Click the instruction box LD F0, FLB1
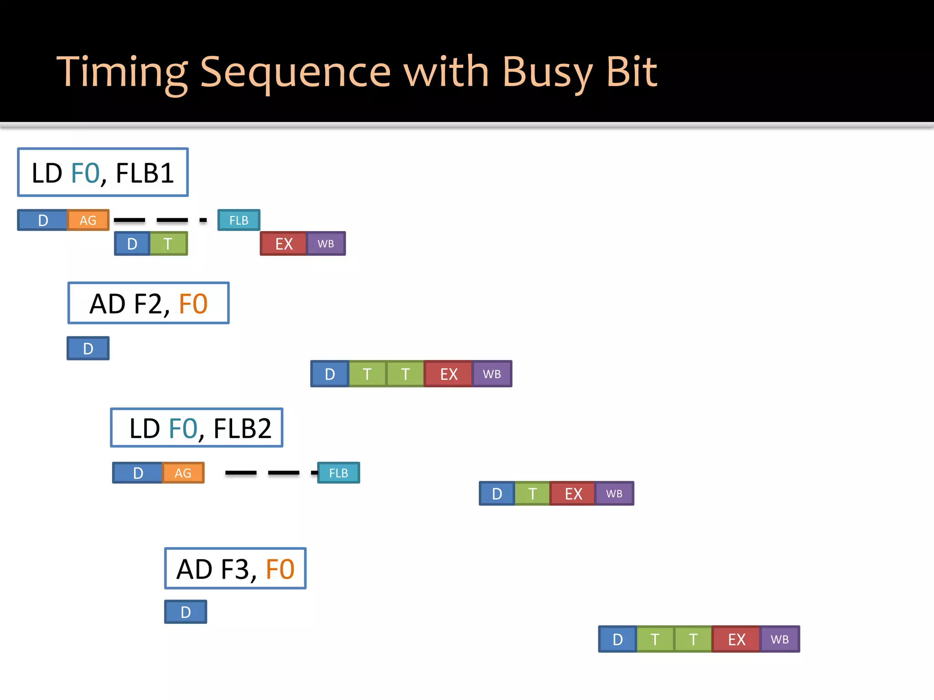[103, 172]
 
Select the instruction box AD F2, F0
[148, 303]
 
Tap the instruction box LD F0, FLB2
[197, 427]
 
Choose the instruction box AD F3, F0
[235, 568]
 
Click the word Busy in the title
[547, 72]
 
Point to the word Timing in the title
[122, 72]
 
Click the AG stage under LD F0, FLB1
[88, 220]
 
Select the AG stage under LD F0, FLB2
[183, 473]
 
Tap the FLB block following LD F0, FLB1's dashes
[239, 220]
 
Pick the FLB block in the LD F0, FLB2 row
[338, 473]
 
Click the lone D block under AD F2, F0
[88, 348]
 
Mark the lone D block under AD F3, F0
[185, 612]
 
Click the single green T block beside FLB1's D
[168, 243]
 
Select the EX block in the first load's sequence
[283, 243]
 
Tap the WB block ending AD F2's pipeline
[492, 374]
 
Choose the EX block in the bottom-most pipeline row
[736, 639]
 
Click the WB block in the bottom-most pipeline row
[779, 639]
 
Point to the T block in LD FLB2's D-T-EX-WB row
[532, 493]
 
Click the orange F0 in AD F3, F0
[280, 569]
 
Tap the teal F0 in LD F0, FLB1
[85, 173]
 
